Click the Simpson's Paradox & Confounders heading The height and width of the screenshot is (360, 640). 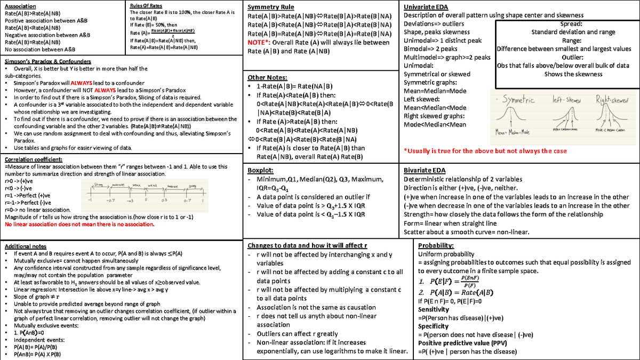tap(47, 61)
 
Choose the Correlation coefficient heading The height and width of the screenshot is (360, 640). tap(33, 159)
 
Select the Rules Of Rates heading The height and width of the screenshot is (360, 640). tap(146, 5)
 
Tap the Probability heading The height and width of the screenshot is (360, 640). tap(436, 245)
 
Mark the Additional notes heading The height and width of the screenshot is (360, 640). tap(25, 246)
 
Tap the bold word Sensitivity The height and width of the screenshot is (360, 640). tap(433, 309)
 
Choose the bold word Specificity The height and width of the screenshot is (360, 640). tap(433, 326)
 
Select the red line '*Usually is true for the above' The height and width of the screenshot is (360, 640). tap(485, 151)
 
